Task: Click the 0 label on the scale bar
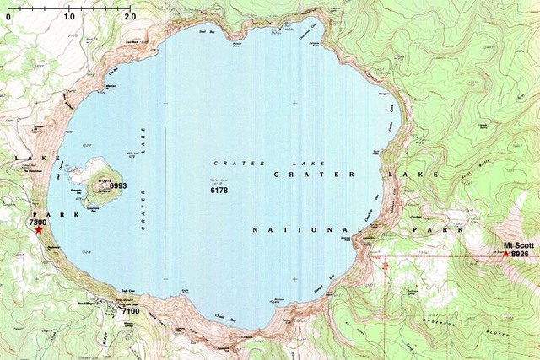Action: (8, 17)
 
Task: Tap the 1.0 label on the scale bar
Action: (68, 17)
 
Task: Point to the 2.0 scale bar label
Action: (129, 17)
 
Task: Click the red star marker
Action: (39, 230)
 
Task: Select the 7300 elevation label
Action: (37, 222)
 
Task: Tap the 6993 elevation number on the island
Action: (117, 185)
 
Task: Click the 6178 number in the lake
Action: (219, 191)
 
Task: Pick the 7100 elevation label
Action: (130, 311)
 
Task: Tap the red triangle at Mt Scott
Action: (506, 253)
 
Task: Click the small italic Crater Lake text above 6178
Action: (240, 163)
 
